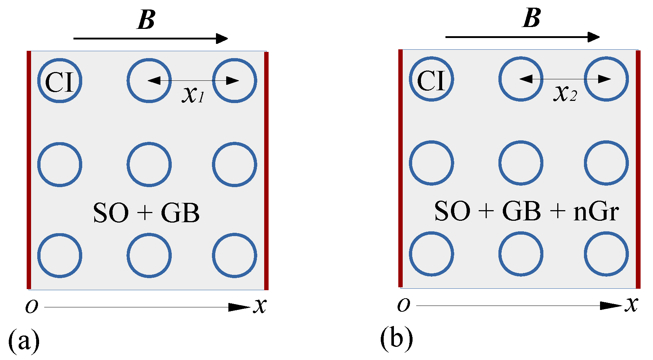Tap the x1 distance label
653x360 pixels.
click(x=193, y=95)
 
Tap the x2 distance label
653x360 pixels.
click(x=565, y=93)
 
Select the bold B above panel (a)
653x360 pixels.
click(x=146, y=20)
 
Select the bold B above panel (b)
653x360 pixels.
click(x=531, y=18)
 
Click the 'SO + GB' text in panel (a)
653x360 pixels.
click(x=146, y=213)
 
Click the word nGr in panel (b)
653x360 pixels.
click(x=596, y=212)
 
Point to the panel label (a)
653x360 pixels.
click(x=24, y=340)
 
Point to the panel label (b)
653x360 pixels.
click(x=396, y=338)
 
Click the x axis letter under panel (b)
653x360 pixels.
click(x=631, y=304)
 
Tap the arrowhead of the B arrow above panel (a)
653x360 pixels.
click(x=222, y=38)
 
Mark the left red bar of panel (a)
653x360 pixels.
click(x=29, y=170)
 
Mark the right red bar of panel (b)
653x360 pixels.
click(x=638, y=169)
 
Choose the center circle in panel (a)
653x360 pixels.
click(x=149, y=164)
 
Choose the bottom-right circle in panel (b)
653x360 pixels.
click(x=606, y=254)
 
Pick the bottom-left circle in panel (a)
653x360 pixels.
click(x=60, y=255)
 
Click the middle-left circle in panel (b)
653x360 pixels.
click(x=431, y=163)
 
